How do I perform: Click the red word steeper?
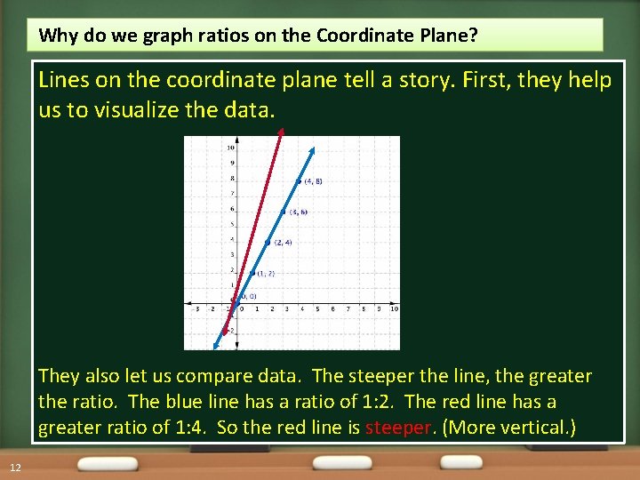tap(397, 428)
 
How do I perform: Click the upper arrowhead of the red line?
tap(281, 132)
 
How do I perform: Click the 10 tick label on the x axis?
tap(394, 308)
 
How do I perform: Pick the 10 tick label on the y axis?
tap(230, 147)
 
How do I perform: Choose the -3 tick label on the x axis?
tap(196, 308)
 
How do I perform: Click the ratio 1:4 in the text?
tap(175, 428)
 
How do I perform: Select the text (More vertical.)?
tap(509, 428)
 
